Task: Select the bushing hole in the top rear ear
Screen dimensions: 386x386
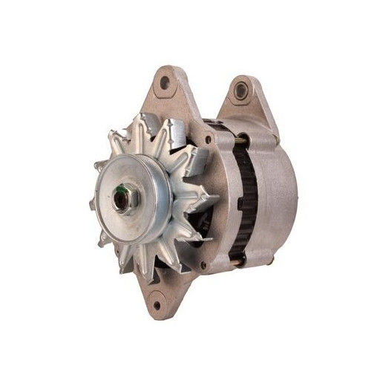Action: (240, 91)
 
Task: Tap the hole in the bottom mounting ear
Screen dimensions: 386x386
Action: (156, 301)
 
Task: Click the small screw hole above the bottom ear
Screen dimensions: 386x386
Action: (203, 264)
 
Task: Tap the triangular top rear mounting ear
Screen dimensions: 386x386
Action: (249, 104)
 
